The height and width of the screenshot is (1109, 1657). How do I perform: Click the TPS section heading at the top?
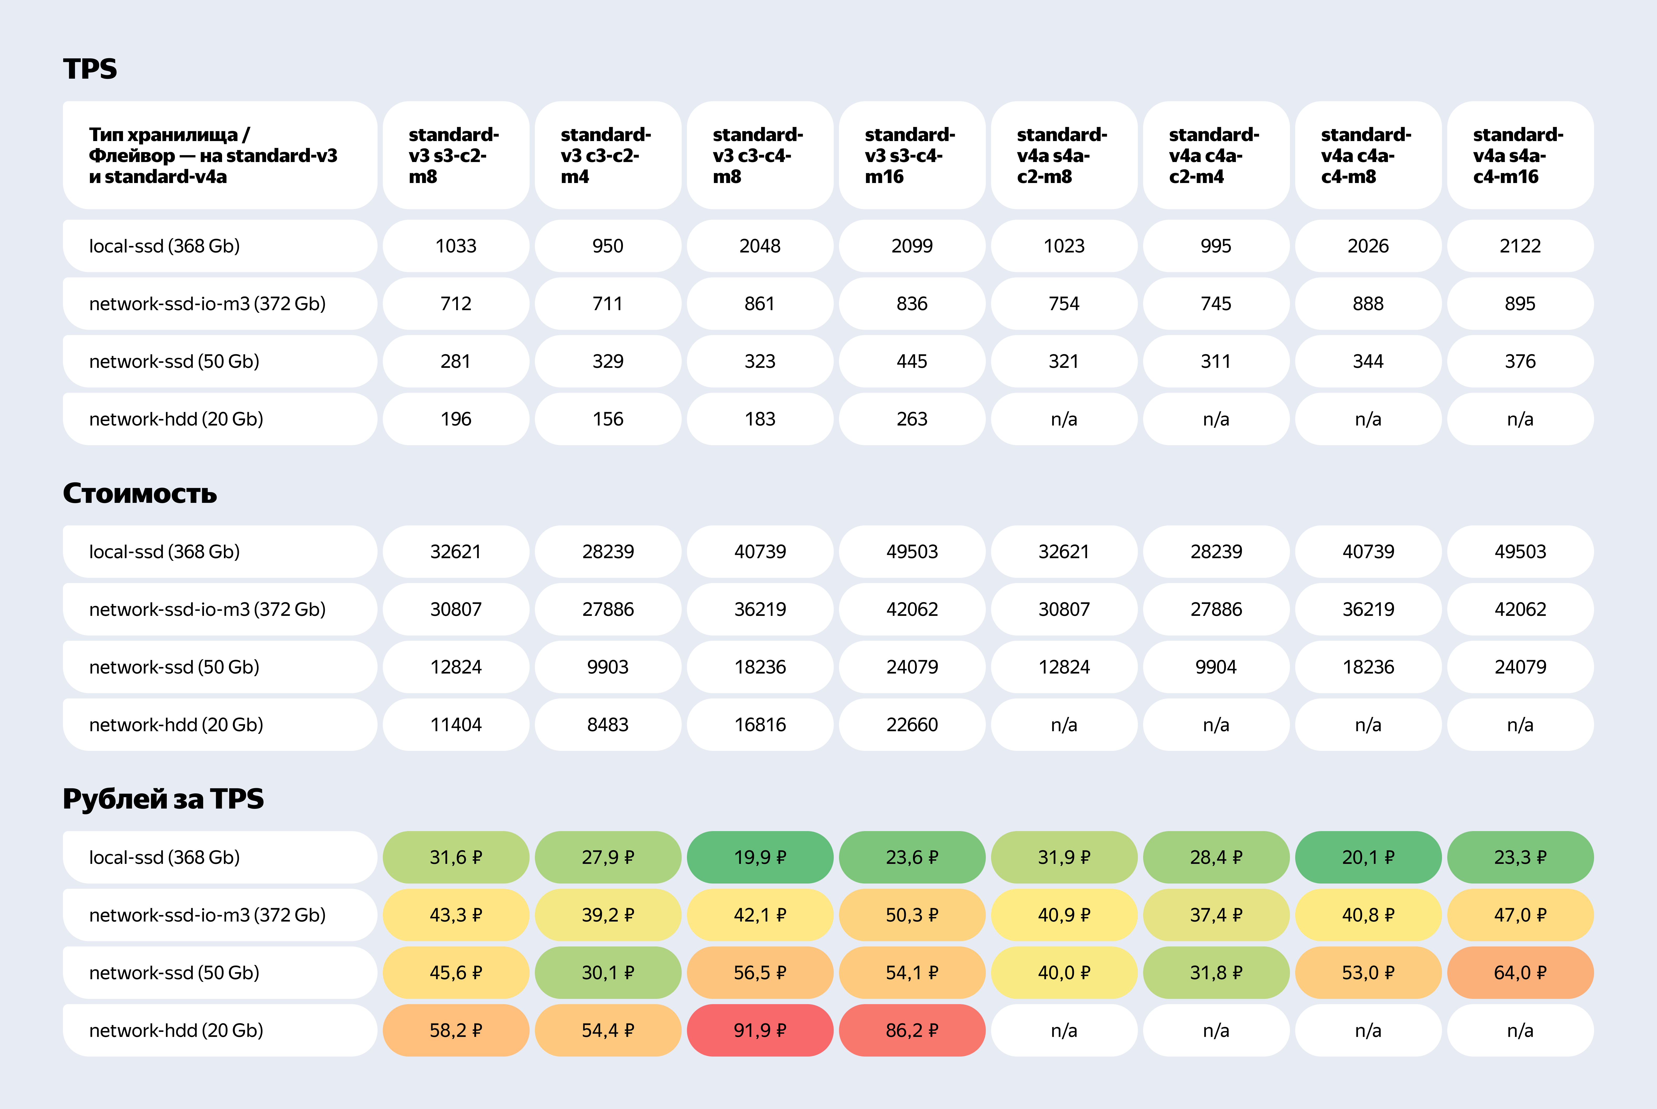(90, 69)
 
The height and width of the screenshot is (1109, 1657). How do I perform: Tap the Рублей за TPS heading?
(163, 799)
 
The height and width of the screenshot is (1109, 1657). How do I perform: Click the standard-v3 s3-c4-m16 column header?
(912, 155)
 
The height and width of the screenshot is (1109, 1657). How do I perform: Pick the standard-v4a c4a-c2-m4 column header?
(1216, 155)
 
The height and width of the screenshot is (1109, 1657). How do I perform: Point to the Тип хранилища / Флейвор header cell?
(219, 155)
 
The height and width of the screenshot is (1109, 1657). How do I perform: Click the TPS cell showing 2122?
(1520, 245)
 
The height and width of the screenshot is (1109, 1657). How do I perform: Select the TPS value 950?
(607, 245)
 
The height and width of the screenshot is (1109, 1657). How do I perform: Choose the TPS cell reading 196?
(455, 419)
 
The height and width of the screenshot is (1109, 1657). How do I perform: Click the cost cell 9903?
(607, 667)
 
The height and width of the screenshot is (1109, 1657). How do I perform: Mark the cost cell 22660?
(912, 724)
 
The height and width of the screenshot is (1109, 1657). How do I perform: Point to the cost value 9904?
(1216, 667)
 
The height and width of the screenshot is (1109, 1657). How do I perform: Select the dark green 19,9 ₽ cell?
(760, 857)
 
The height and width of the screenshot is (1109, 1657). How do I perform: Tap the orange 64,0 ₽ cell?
(1520, 972)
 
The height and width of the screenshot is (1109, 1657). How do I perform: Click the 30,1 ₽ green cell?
(607, 972)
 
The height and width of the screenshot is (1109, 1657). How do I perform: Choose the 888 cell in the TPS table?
(1368, 303)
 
